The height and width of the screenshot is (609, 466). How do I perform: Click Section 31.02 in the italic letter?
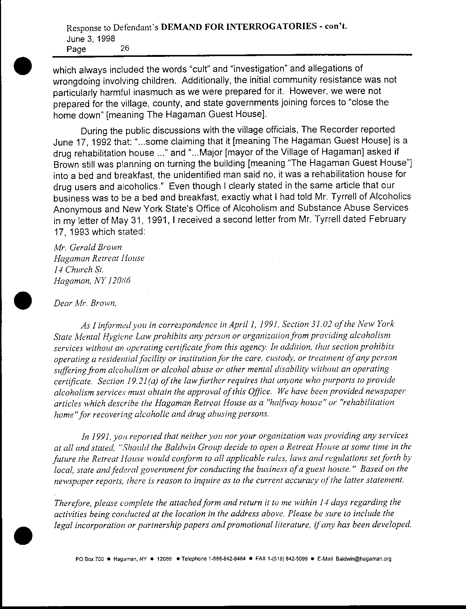(317, 324)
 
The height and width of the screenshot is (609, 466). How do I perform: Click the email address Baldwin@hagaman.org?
(363, 559)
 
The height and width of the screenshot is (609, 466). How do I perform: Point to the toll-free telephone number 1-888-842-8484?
(227, 559)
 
